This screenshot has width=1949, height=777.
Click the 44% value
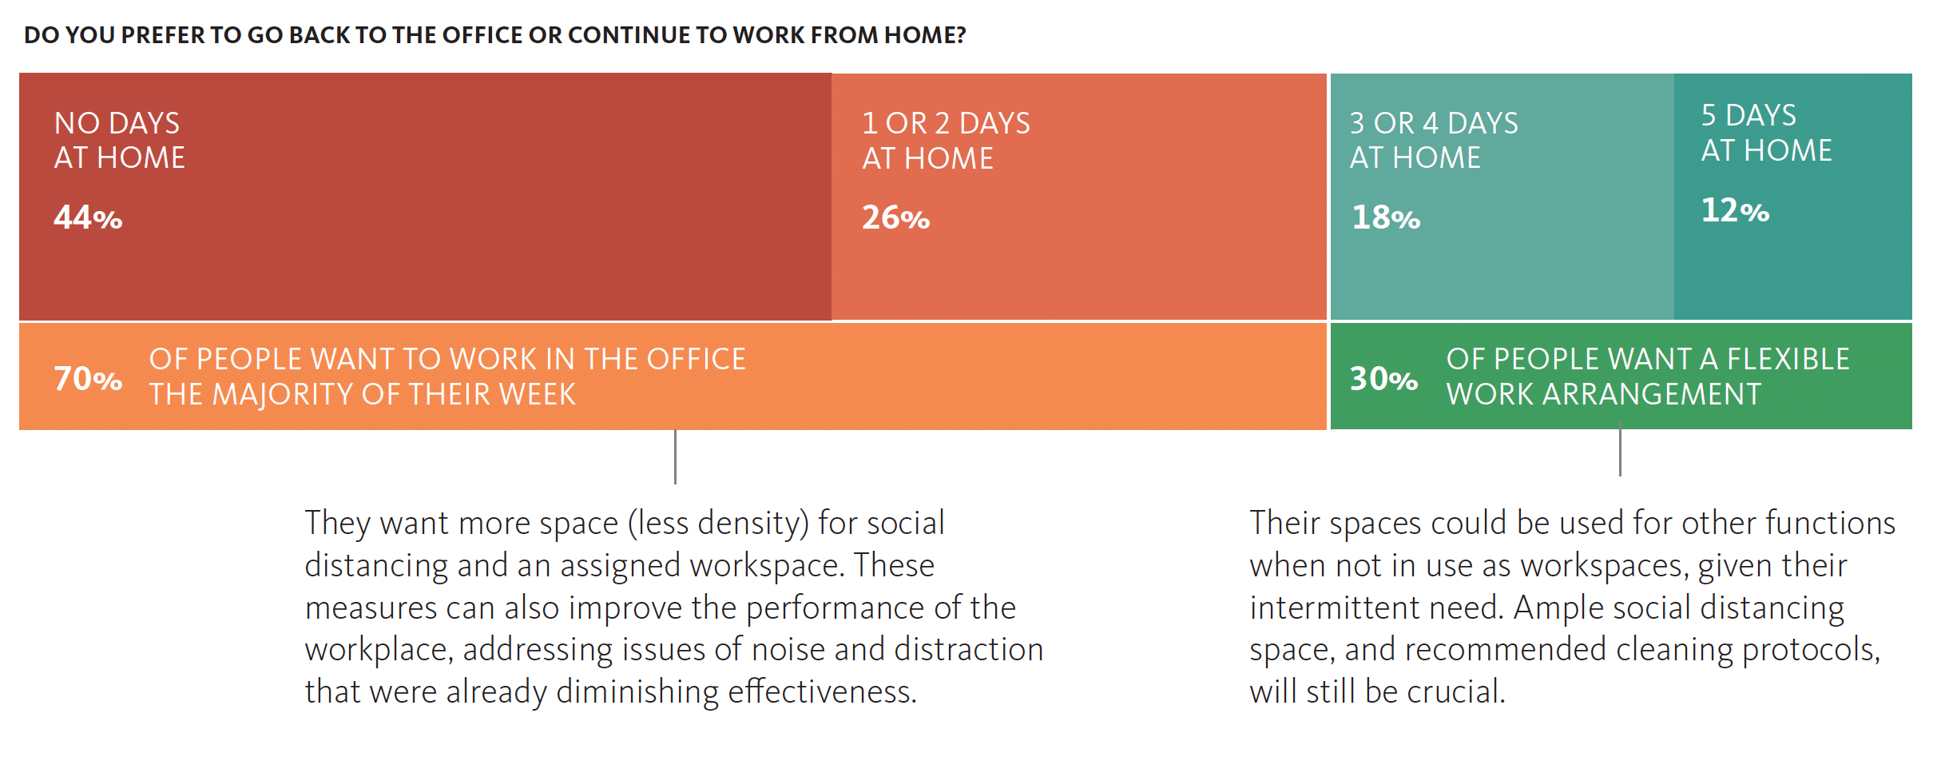(x=88, y=217)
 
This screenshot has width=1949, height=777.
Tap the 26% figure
(x=895, y=217)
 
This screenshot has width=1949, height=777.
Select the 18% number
(x=1386, y=217)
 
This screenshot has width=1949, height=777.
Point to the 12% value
(x=1735, y=210)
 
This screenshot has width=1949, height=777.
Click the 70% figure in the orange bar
(x=88, y=378)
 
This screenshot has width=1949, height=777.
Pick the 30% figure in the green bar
(x=1384, y=378)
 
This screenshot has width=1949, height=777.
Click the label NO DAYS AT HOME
(x=119, y=141)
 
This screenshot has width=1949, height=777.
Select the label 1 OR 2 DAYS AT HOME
(x=946, y=141)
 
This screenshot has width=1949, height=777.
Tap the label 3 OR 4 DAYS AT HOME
(x=1434, y=141)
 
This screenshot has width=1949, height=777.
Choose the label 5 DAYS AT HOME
(x=1766, y=133)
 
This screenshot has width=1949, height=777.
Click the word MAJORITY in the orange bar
(x=287, y=394)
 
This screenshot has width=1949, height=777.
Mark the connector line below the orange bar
(x=675, y=456)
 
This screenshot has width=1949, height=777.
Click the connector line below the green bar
(x=1620, y=452)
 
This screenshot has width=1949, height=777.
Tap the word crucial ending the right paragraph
(x=1455, y=691)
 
